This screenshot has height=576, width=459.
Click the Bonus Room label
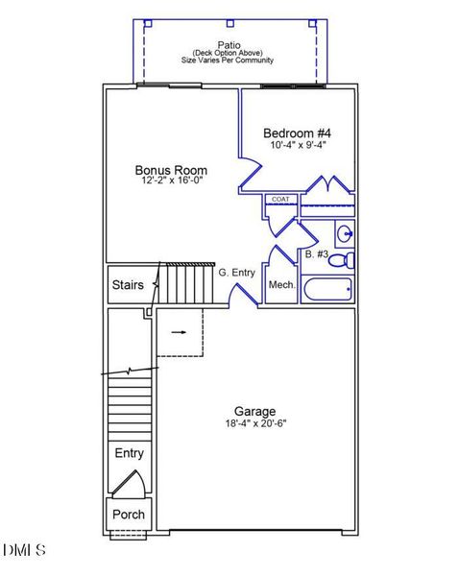coord(171,171)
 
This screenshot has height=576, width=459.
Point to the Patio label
coord(229,44)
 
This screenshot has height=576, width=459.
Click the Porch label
coord(129,514)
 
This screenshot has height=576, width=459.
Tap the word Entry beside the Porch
coord(129,453)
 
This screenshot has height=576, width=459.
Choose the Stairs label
coord(128,285)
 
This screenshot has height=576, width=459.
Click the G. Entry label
coord(236,273)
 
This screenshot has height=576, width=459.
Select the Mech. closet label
coord(281,285)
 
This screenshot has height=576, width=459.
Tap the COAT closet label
coord(280,199)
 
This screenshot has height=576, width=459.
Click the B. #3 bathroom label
coord(317,254)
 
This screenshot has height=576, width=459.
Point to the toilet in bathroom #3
coord(347,259)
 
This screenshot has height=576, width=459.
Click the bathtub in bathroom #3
coord(326,289)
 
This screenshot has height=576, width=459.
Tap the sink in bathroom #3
coord(345,233)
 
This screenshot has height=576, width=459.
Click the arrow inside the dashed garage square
coord(179,333)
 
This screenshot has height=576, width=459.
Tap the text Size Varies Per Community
coord(228,60)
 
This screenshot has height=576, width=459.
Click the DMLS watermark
coord(24,550)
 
